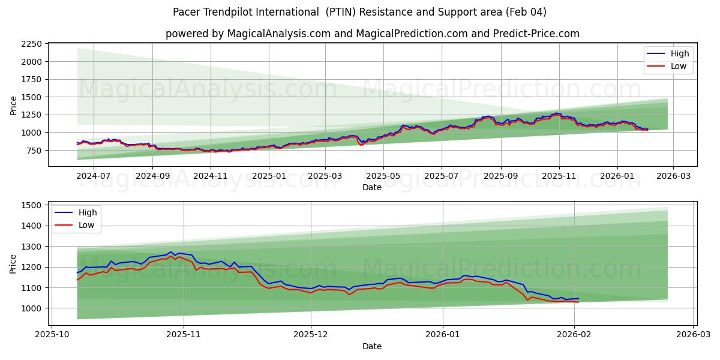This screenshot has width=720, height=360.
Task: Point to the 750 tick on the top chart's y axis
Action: (34, 150)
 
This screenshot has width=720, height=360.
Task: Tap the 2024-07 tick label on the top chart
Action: (94, 176)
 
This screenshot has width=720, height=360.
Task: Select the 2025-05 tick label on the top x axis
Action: (383, 176)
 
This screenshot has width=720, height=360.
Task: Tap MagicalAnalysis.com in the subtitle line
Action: (279, 34)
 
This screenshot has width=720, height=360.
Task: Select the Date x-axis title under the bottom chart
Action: (372, 346)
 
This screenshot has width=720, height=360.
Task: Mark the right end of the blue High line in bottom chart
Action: (578, 298)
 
